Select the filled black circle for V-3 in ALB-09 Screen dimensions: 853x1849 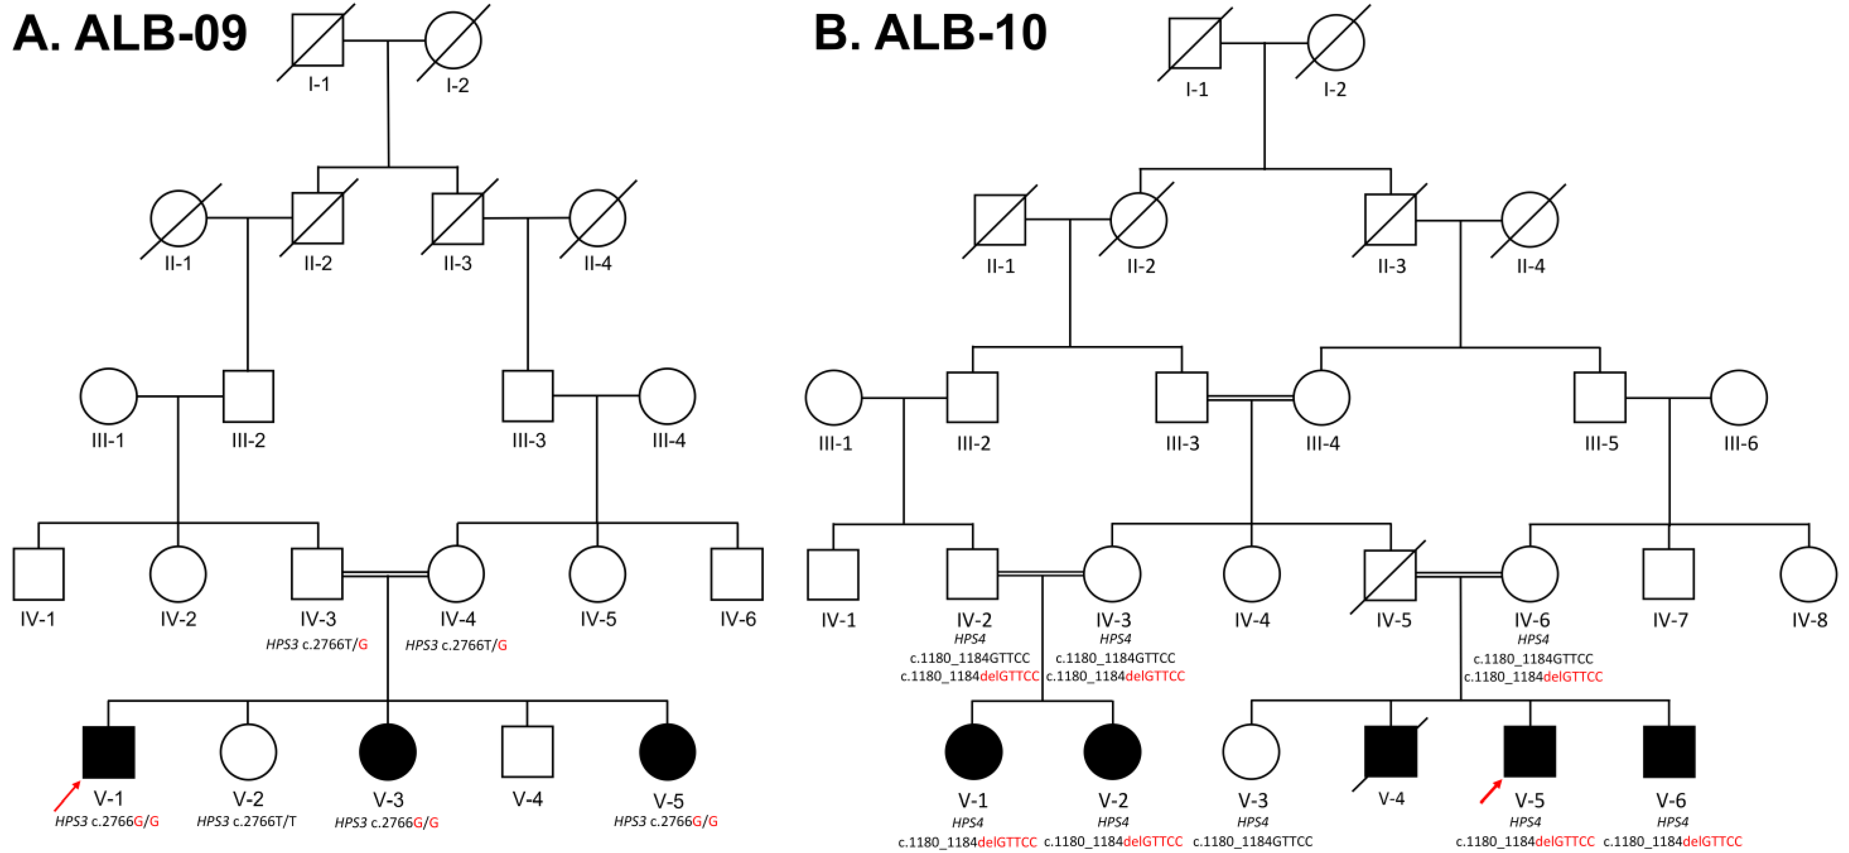tap(387, 752)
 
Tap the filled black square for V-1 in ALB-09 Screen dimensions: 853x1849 tap(108, 752)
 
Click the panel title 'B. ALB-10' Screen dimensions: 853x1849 tap(930, 33)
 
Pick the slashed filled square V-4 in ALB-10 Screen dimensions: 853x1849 tap(1391, 752)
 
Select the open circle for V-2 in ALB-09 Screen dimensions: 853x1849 tap(248, 752)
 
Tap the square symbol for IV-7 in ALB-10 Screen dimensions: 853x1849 tap(1668, 574)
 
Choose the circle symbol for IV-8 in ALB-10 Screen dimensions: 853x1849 tap(1808, 574)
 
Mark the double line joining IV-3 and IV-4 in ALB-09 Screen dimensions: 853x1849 tap(385, 574)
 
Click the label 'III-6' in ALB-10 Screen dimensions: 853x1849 tap(1741, 444)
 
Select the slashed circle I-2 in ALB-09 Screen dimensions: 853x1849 tap(453, 40)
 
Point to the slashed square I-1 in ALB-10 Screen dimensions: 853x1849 tap(1194, 43)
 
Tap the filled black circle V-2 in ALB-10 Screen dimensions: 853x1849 tap(1112, 752)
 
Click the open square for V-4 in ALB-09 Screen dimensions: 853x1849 tap(527, 752)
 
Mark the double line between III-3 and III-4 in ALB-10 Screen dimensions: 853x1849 tap(1250, 397)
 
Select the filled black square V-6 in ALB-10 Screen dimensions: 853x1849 tap(1669, 752)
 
